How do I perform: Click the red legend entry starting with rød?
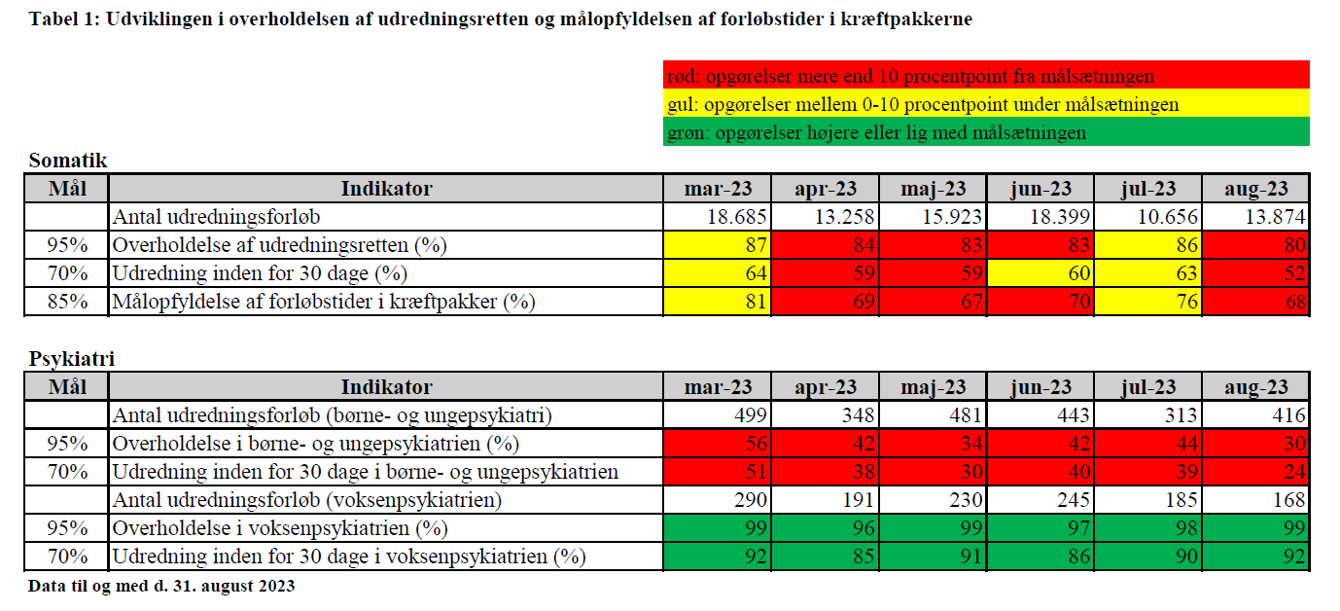pyautogui.click(x=986, y=76)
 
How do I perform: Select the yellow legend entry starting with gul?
pyautogui.click(x=986, y=103)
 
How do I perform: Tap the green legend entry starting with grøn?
pyautogui.click(x=986, y=131)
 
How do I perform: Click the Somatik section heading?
pyautogui.click(x=68, y=161)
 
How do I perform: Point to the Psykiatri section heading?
pyautogui.click(x=72, y=359)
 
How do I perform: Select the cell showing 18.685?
pyautogui.click(x=718, y=217)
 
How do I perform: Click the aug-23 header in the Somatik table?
pyautogui.click(x=1255, y=189)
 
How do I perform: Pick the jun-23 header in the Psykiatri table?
pyautogui.click(x=1040, y=387)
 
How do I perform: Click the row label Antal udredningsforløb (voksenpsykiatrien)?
pyautogui.click(x=307, y=500)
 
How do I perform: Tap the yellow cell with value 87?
pyautogui.click(x=718, y=245)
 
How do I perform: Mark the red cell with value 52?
pyautogui.click(x=1255, y=273)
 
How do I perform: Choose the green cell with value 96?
pyautogui.click(x=826, y=528)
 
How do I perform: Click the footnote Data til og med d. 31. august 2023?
pyautogui.click(x=161, y=586)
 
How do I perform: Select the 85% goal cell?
pyautogui.click(x=67, y=301)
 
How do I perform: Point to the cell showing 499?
pyautogui.click(x=718, y=415)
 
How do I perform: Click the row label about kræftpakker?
pyautogui.click(x=324, y=302)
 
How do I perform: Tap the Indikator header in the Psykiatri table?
pyautogui.click(x=386, y=387)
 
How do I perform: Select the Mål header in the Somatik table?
pyautogui.click(x=67, y=189)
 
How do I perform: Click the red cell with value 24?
pyautogui.click(x=1255, y=472)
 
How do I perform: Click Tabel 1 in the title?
pyautogui.click(x=63, y=19)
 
